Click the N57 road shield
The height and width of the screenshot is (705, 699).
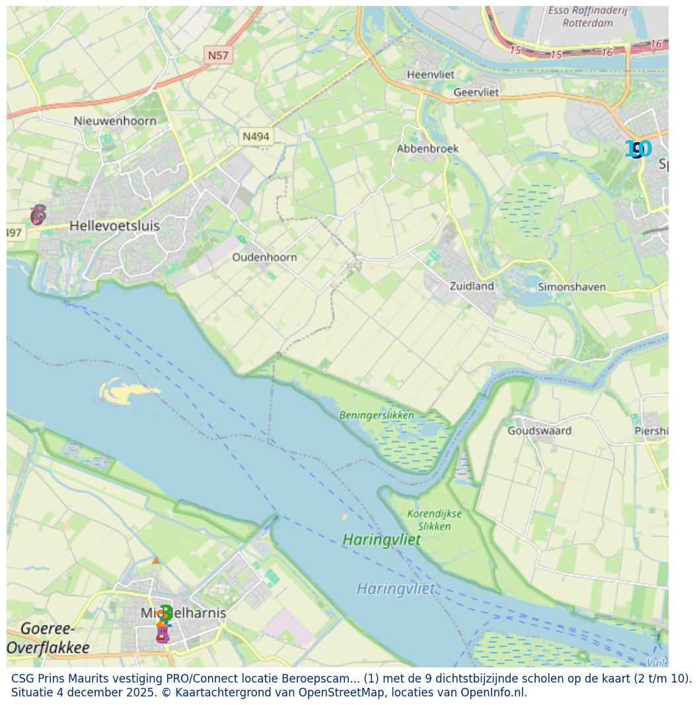pos(217,56)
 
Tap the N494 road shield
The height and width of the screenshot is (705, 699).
pos(256,137)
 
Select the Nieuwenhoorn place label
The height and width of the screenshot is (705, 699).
pos(115,121)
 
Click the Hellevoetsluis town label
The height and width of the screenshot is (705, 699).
pos(114,226)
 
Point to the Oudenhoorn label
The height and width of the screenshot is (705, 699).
pos(264,257)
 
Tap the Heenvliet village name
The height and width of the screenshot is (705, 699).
pos(430,75)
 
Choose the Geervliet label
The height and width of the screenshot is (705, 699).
pos(476,93)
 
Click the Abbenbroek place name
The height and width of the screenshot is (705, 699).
pos(427,149)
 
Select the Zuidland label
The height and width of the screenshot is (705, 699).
pos(471,286)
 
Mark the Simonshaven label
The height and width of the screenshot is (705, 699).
pos(571,287)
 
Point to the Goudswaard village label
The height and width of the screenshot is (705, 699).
pos(539,431)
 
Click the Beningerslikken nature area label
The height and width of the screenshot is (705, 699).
pos(377,416)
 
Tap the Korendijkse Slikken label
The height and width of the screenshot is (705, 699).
pos(434,520)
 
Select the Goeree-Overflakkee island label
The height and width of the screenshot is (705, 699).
pos(48,638)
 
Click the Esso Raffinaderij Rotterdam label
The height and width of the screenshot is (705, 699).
pos(587,17)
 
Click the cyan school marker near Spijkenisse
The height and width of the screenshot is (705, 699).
pos(642,149)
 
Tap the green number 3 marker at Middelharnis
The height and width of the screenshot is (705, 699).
pos(166,612)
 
